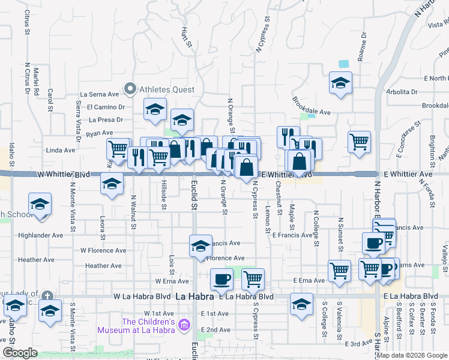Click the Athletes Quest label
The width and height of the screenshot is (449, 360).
tap(167, 89)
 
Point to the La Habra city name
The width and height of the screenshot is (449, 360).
tap(194, 296)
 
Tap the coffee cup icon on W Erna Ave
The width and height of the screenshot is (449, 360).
tap(221, 278)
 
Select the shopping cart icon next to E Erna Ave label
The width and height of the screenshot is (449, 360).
tap(340, 271)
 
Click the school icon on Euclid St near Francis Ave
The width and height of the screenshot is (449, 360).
tap(201, 245)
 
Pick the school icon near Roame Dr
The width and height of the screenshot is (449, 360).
tap(340, 82)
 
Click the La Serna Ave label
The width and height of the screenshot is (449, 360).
tap(100, 94)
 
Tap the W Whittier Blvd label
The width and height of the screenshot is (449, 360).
tap(63, 174)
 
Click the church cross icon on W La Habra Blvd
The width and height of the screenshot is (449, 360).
tap(48, 296)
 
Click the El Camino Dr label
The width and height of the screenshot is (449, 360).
tap(105, 107)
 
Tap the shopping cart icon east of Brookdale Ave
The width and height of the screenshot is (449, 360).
tap(359, 142)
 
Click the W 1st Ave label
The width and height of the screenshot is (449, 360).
tap(158, 314)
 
